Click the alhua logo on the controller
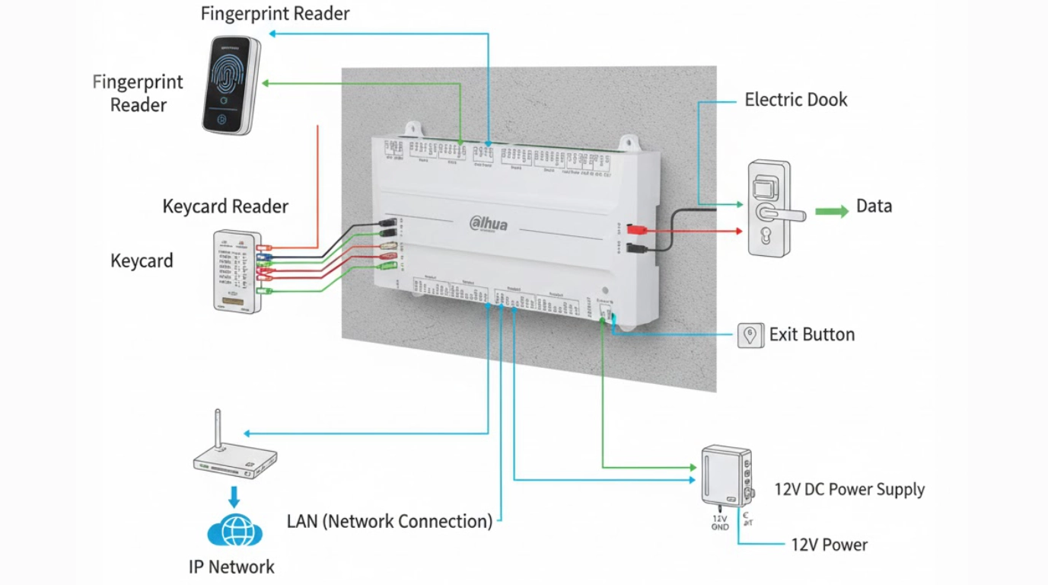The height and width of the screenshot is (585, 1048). click(x=489, y=224)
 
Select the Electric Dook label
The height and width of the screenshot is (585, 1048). click(x=795, y=100)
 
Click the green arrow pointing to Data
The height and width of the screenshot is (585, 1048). click(x=831, y=211)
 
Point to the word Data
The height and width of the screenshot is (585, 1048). click(x=874, y=206)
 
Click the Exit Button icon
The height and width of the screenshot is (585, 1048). click(x=750, y=335)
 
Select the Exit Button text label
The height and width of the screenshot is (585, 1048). click(x=811, y=334)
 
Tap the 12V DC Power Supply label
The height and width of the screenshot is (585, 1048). click(x=849, y=490)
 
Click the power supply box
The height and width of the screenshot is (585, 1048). click(x=724, y=475)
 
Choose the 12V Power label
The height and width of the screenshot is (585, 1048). click(x=829, y=545)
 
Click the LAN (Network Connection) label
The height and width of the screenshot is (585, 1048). click(x=390, y=522)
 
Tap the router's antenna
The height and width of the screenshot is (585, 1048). click(x=218, y=430)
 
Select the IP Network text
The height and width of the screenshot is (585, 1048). click(x=231, y=567)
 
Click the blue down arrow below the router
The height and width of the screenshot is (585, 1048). click(x=234, y=497)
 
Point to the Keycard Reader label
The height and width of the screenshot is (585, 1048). click(x=225, y=206)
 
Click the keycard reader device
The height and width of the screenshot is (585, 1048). click(x=237, y=272)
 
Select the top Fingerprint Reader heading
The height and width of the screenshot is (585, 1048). click(x=275, y=14)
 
